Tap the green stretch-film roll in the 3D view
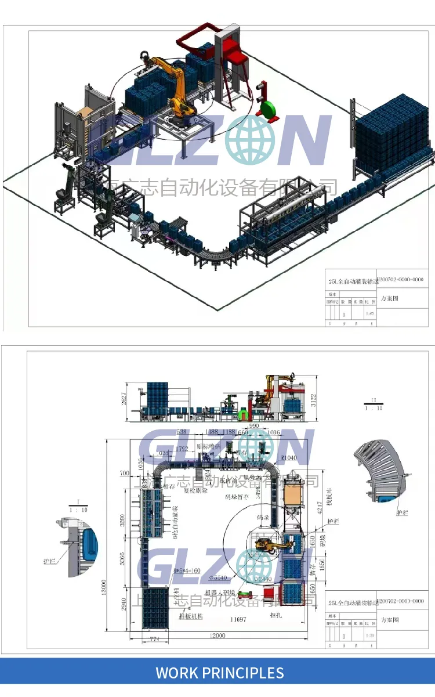click(x=268, y=110)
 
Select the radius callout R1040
click(x=288, y=458)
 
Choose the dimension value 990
click(x=253, y=426)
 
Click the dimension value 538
click(x=181, y=432)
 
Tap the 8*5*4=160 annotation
click(x=187, y=570)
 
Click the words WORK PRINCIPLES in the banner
click(x=220, y=673)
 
